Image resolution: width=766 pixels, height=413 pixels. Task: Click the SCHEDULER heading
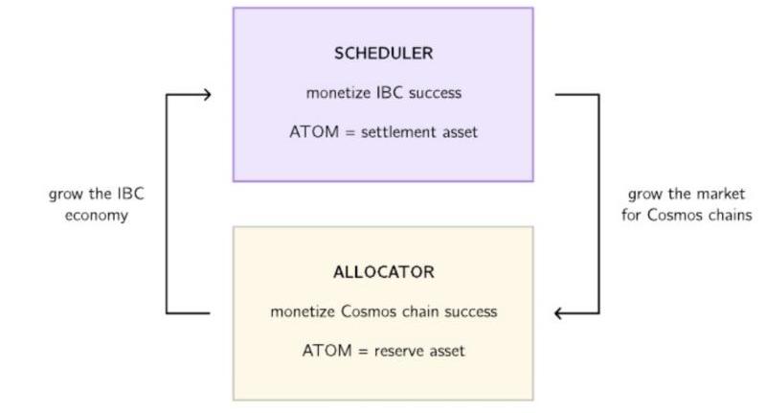tap(382, 54)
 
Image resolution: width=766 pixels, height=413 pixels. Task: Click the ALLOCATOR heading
tap(383, 272)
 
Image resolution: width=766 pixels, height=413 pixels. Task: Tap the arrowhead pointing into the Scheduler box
tap(204, 94)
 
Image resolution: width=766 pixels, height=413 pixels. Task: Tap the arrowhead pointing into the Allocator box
tap(561, 313)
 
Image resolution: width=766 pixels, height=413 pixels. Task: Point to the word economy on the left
tap(96, 215)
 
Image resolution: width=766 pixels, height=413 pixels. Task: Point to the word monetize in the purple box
tap(334, 93)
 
